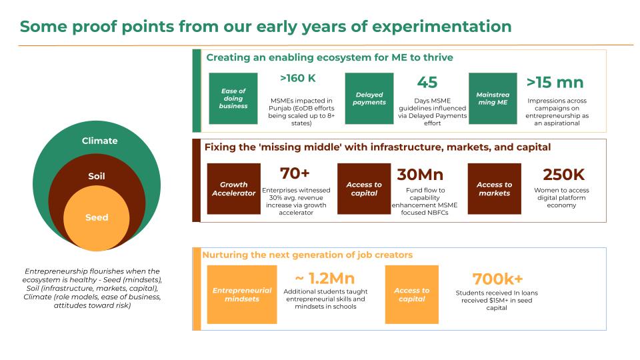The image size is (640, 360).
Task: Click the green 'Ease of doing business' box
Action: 233,99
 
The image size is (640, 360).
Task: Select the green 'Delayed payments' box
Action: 369,99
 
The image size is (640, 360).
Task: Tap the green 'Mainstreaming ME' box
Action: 493,99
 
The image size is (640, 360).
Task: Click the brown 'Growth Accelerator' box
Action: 233,189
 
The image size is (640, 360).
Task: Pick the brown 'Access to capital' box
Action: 364,189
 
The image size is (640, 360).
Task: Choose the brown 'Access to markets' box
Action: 494,189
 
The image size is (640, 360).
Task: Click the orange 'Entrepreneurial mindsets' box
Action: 242,294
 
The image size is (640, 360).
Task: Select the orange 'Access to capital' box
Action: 412,294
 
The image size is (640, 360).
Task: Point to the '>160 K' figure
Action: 298,78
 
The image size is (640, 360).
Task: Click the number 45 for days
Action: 427,83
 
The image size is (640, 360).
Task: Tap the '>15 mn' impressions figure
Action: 555,83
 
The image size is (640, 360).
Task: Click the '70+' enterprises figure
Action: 295,173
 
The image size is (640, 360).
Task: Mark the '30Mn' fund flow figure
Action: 420,175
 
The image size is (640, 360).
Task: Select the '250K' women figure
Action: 564,175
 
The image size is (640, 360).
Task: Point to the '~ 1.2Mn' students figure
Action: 325,279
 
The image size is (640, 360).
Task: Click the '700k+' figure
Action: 497,279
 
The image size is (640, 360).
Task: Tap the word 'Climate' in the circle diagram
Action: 99,141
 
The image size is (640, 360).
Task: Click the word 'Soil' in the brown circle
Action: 97,176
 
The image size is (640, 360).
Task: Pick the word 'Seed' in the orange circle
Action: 97,217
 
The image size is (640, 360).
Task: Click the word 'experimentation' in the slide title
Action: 441,27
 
